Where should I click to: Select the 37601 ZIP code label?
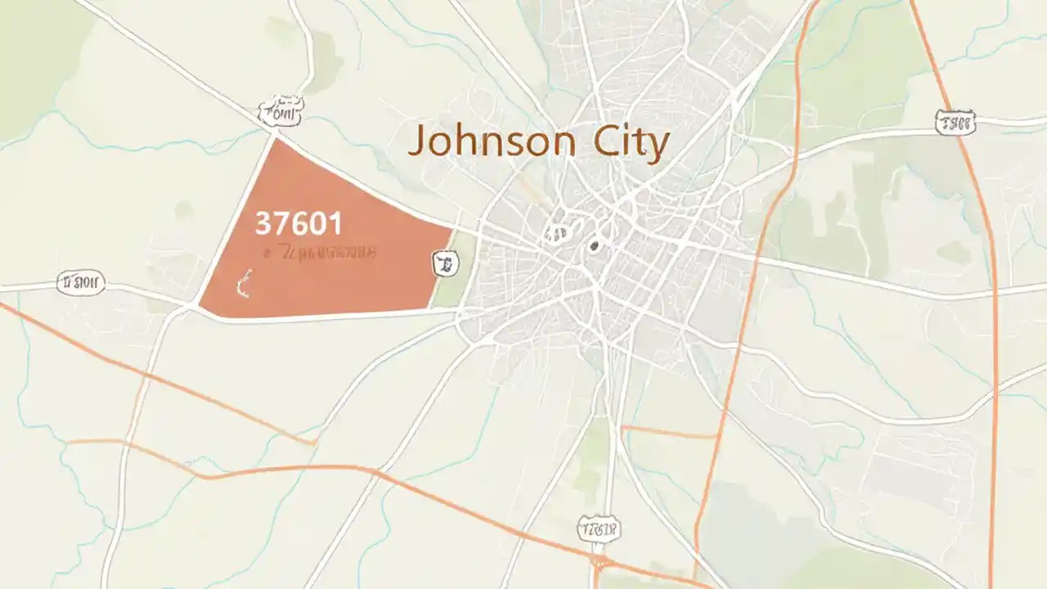tap(299, 223)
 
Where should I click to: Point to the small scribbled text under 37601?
tap(319, 253)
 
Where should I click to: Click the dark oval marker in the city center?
tap(594, 245)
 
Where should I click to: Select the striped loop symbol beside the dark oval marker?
tap(559, 234)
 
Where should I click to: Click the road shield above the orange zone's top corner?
tap(281, 113)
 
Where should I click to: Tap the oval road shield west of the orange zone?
tap(81, 283)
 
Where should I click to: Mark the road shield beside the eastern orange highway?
tap(955, 124)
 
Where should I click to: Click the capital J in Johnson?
tap(417, 143)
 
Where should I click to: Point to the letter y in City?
tap(657, 148)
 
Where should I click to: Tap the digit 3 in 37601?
tap(263, 223)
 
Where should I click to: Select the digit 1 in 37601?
tap(335, 223)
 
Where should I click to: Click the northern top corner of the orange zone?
tap(275, 139)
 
